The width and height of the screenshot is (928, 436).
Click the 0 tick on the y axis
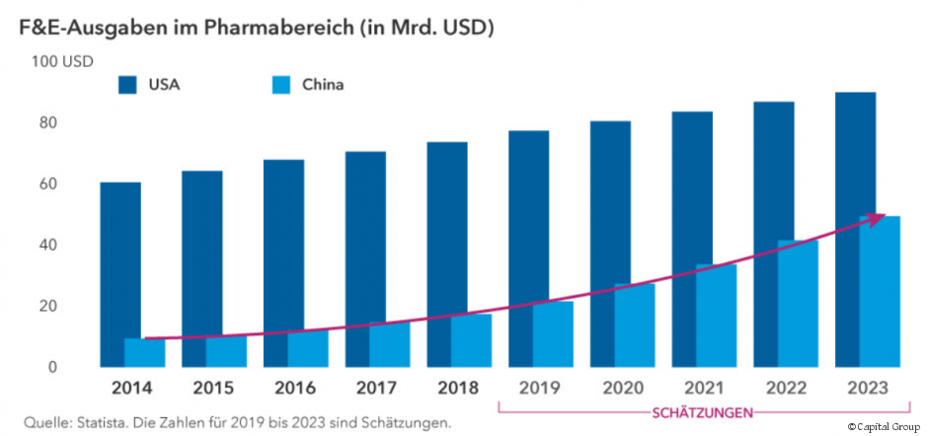pyautogui.click(x=52, y=367)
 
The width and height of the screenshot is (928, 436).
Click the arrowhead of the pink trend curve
pyautogui.click(x=874, y=219)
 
